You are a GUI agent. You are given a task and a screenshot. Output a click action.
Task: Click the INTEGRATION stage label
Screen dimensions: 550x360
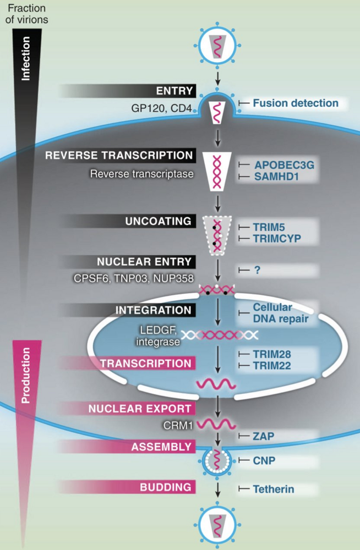pos(153,310)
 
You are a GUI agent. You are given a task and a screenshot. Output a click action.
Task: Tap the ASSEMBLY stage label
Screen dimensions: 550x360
pos(162,447)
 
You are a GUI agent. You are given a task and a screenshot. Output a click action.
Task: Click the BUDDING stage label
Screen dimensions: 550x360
pos(166,487)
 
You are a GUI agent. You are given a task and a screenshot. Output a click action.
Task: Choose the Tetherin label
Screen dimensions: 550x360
pos(274,488)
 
